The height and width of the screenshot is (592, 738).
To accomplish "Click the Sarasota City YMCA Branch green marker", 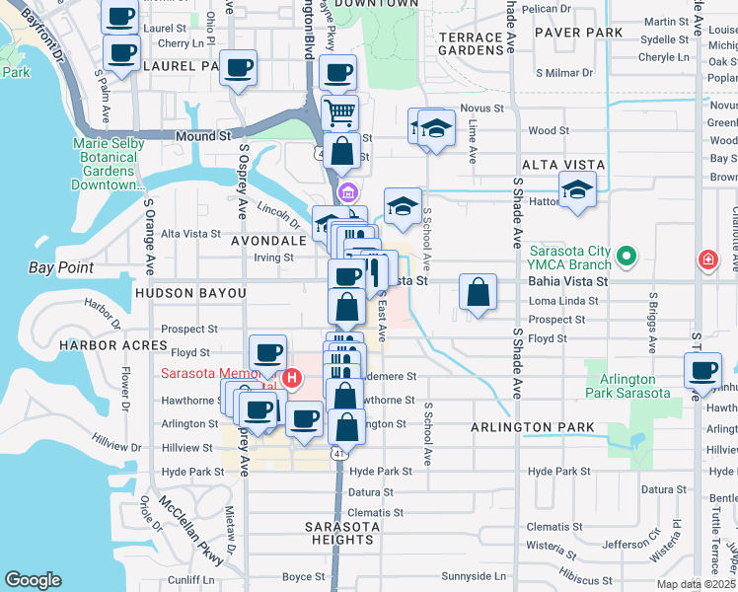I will pos(625,259).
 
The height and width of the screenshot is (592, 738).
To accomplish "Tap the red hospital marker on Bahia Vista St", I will pos(707,260).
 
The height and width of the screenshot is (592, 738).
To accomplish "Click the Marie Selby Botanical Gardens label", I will pos(109,164).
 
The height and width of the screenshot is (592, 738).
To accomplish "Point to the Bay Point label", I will pos(61,267).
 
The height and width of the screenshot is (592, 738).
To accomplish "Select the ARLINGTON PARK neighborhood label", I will pos(532,427).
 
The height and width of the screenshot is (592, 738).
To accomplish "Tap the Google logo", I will pos(33,580).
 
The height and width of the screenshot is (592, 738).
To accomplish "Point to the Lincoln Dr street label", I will pos(277,211).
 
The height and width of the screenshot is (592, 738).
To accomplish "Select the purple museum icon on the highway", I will pos(346,190).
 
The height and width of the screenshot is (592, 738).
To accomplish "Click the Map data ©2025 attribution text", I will pos(696,584).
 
